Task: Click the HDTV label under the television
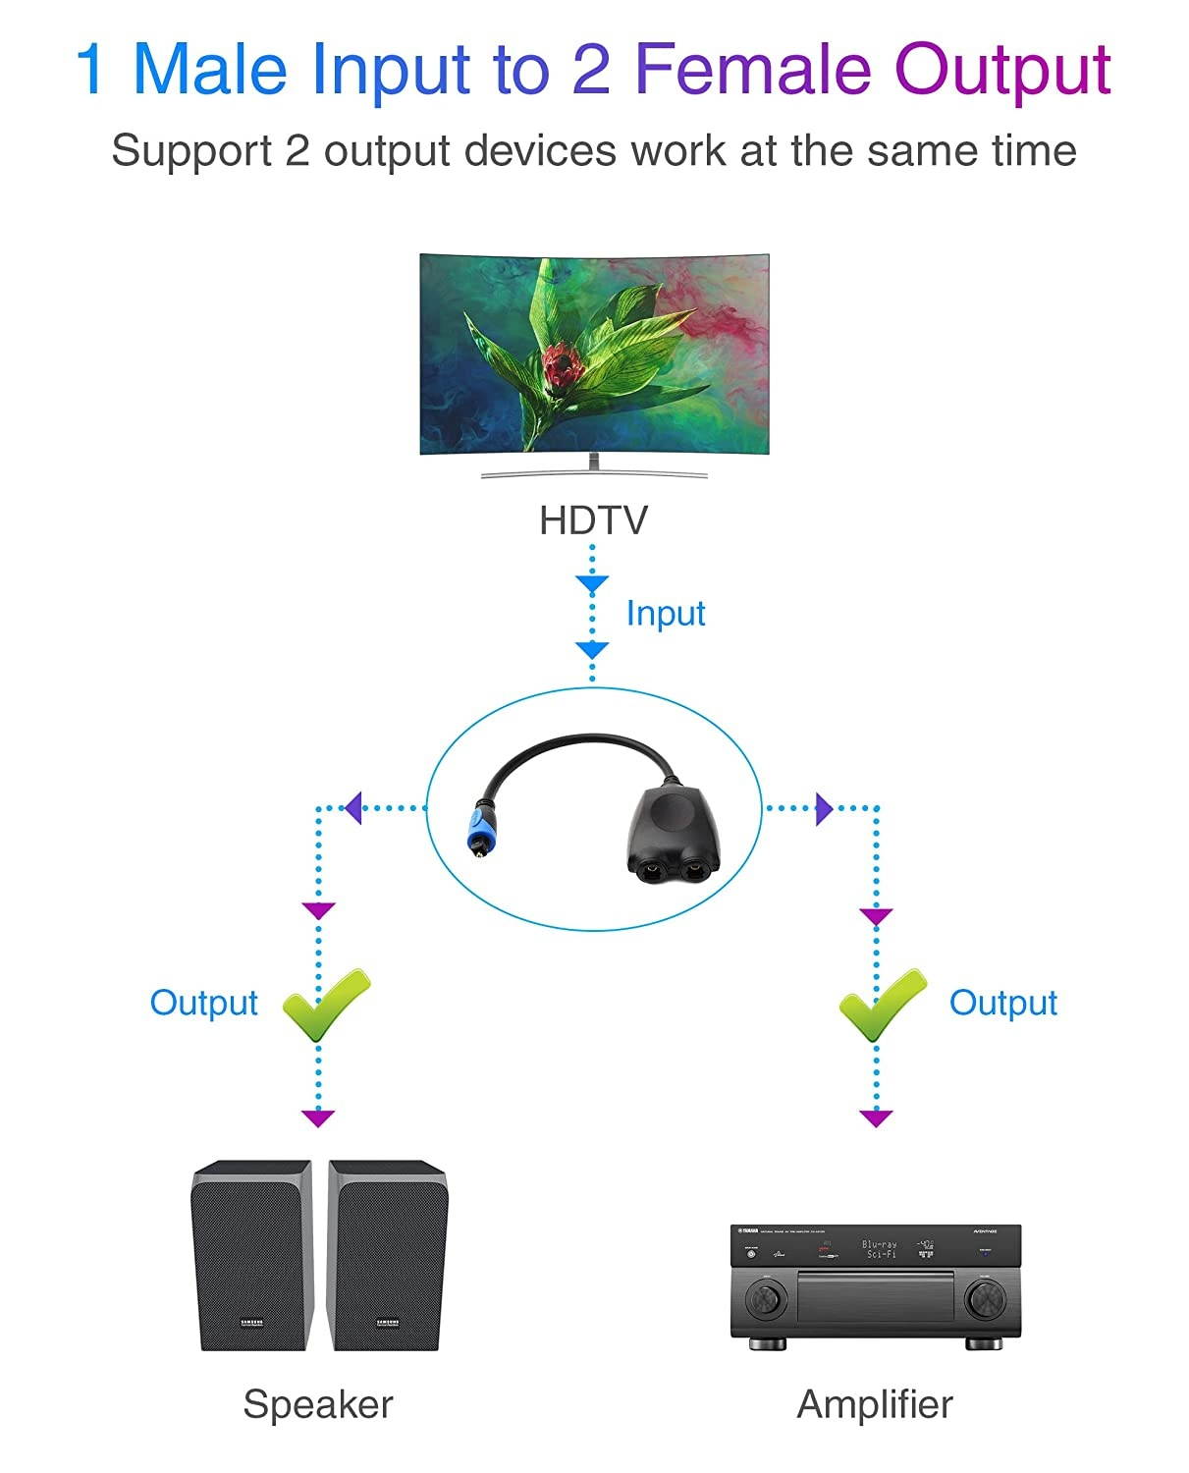pos(593,520)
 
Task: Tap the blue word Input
pos(666,613)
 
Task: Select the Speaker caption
pos(317,1403)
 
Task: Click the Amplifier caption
pos(874,1403)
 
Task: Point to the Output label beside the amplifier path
pos(1002,1003)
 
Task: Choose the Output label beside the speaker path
pos(203,1003)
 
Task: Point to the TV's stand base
pos(594,473)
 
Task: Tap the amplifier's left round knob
pos(766,1298)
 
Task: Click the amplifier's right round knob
pos(984,1298)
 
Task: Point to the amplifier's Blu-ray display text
pos(879,1249)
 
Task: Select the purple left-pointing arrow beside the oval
pos(353,808)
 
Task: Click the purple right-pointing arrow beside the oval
pos(824,808)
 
